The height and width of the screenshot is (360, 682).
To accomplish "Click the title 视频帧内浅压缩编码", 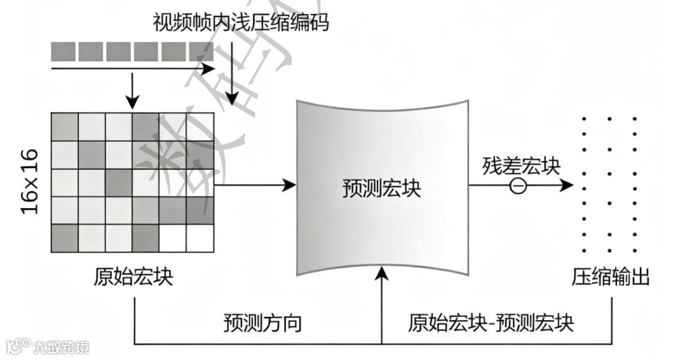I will pos(241,22).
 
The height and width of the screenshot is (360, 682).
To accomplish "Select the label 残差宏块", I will pos(521,166).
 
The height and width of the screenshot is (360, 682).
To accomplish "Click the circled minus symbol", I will pos(518,186).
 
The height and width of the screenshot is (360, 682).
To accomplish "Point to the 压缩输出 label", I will pos(612,278).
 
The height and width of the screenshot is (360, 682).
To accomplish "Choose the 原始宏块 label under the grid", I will pos(133,278).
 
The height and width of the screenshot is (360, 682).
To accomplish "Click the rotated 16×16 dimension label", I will pos(28,182).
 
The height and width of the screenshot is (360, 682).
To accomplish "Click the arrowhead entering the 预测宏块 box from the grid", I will pos(290,185).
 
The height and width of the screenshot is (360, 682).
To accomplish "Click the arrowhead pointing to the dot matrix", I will pos(570,186).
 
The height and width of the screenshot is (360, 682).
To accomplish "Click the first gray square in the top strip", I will pos(63,51).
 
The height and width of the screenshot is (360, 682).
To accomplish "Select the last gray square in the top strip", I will pos(201,51).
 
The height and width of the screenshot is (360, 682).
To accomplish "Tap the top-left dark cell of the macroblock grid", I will pos(65,127).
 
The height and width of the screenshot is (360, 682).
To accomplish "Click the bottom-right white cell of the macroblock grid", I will pos(200,238).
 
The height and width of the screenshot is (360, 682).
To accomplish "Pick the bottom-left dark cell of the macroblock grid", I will pos(65,238).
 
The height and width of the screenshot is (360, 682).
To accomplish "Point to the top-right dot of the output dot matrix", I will pos(636,119).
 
